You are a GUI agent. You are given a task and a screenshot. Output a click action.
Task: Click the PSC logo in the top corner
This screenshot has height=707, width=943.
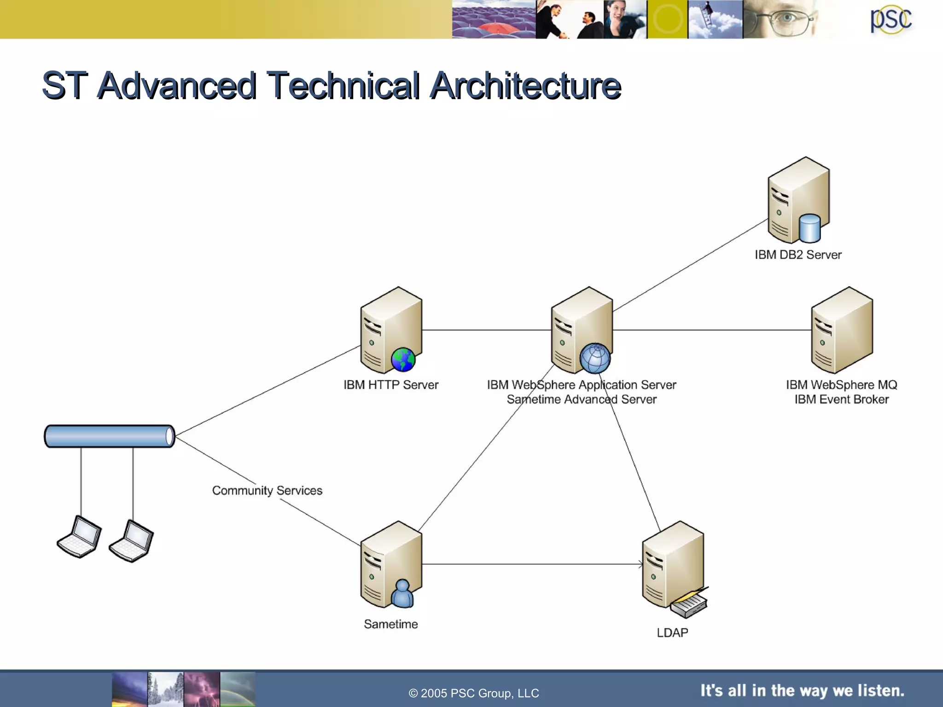pyautogui.click(x=891, y=20)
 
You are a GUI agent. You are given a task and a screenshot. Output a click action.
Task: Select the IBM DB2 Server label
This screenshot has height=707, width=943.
pyautogui.click(x=797, y=255)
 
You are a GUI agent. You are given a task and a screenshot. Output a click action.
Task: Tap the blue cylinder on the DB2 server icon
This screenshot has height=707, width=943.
pyautogui.click(x=809, y=228)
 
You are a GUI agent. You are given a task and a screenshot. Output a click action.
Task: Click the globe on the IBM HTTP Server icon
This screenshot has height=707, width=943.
pyautogui.click(x=403, y=360)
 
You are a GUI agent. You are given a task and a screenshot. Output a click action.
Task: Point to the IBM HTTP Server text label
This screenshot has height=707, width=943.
pyautogui.click(x=390, y=385)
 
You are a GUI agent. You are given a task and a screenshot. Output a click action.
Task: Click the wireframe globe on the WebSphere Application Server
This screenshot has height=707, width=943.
pyautogui.click(x=595, y=358)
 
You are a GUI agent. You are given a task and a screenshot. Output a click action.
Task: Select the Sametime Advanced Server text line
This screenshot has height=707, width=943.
pyautogui.click(x=581, y=400)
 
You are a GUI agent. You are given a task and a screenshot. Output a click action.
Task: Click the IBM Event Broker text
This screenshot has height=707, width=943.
pyautogui.click(x=841, y=400)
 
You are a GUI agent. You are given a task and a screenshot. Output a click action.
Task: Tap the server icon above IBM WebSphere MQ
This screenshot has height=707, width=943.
pyautogui.click(x=841, y=330)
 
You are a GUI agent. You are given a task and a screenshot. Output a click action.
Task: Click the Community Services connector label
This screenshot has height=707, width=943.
pyautogui.click(x=267, y=491)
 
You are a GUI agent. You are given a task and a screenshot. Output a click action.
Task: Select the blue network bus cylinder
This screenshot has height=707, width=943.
pyautogui.click(x=109, y=436)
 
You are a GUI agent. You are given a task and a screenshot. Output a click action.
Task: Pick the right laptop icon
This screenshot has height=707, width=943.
pyautogui.click(x=132, y=541)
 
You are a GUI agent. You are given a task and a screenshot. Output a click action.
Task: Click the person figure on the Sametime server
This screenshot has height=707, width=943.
pyautogui.click(x=402, y=594)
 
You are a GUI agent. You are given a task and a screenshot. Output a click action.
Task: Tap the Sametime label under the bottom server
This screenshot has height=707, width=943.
pyautogui.click(x=390, y=625)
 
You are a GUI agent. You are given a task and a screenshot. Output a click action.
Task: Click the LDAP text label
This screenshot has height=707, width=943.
pyautogui.click(x=672, y=633)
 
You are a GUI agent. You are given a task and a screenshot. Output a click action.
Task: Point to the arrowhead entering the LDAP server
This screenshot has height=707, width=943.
pyautogui.click(x=640, y=564)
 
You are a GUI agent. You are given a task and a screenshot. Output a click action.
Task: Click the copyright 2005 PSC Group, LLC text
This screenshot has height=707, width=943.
pyautogui.click(x=473, y=693)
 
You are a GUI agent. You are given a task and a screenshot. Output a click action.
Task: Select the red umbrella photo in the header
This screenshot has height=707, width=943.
pyautogui.click(x=494, y=19)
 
